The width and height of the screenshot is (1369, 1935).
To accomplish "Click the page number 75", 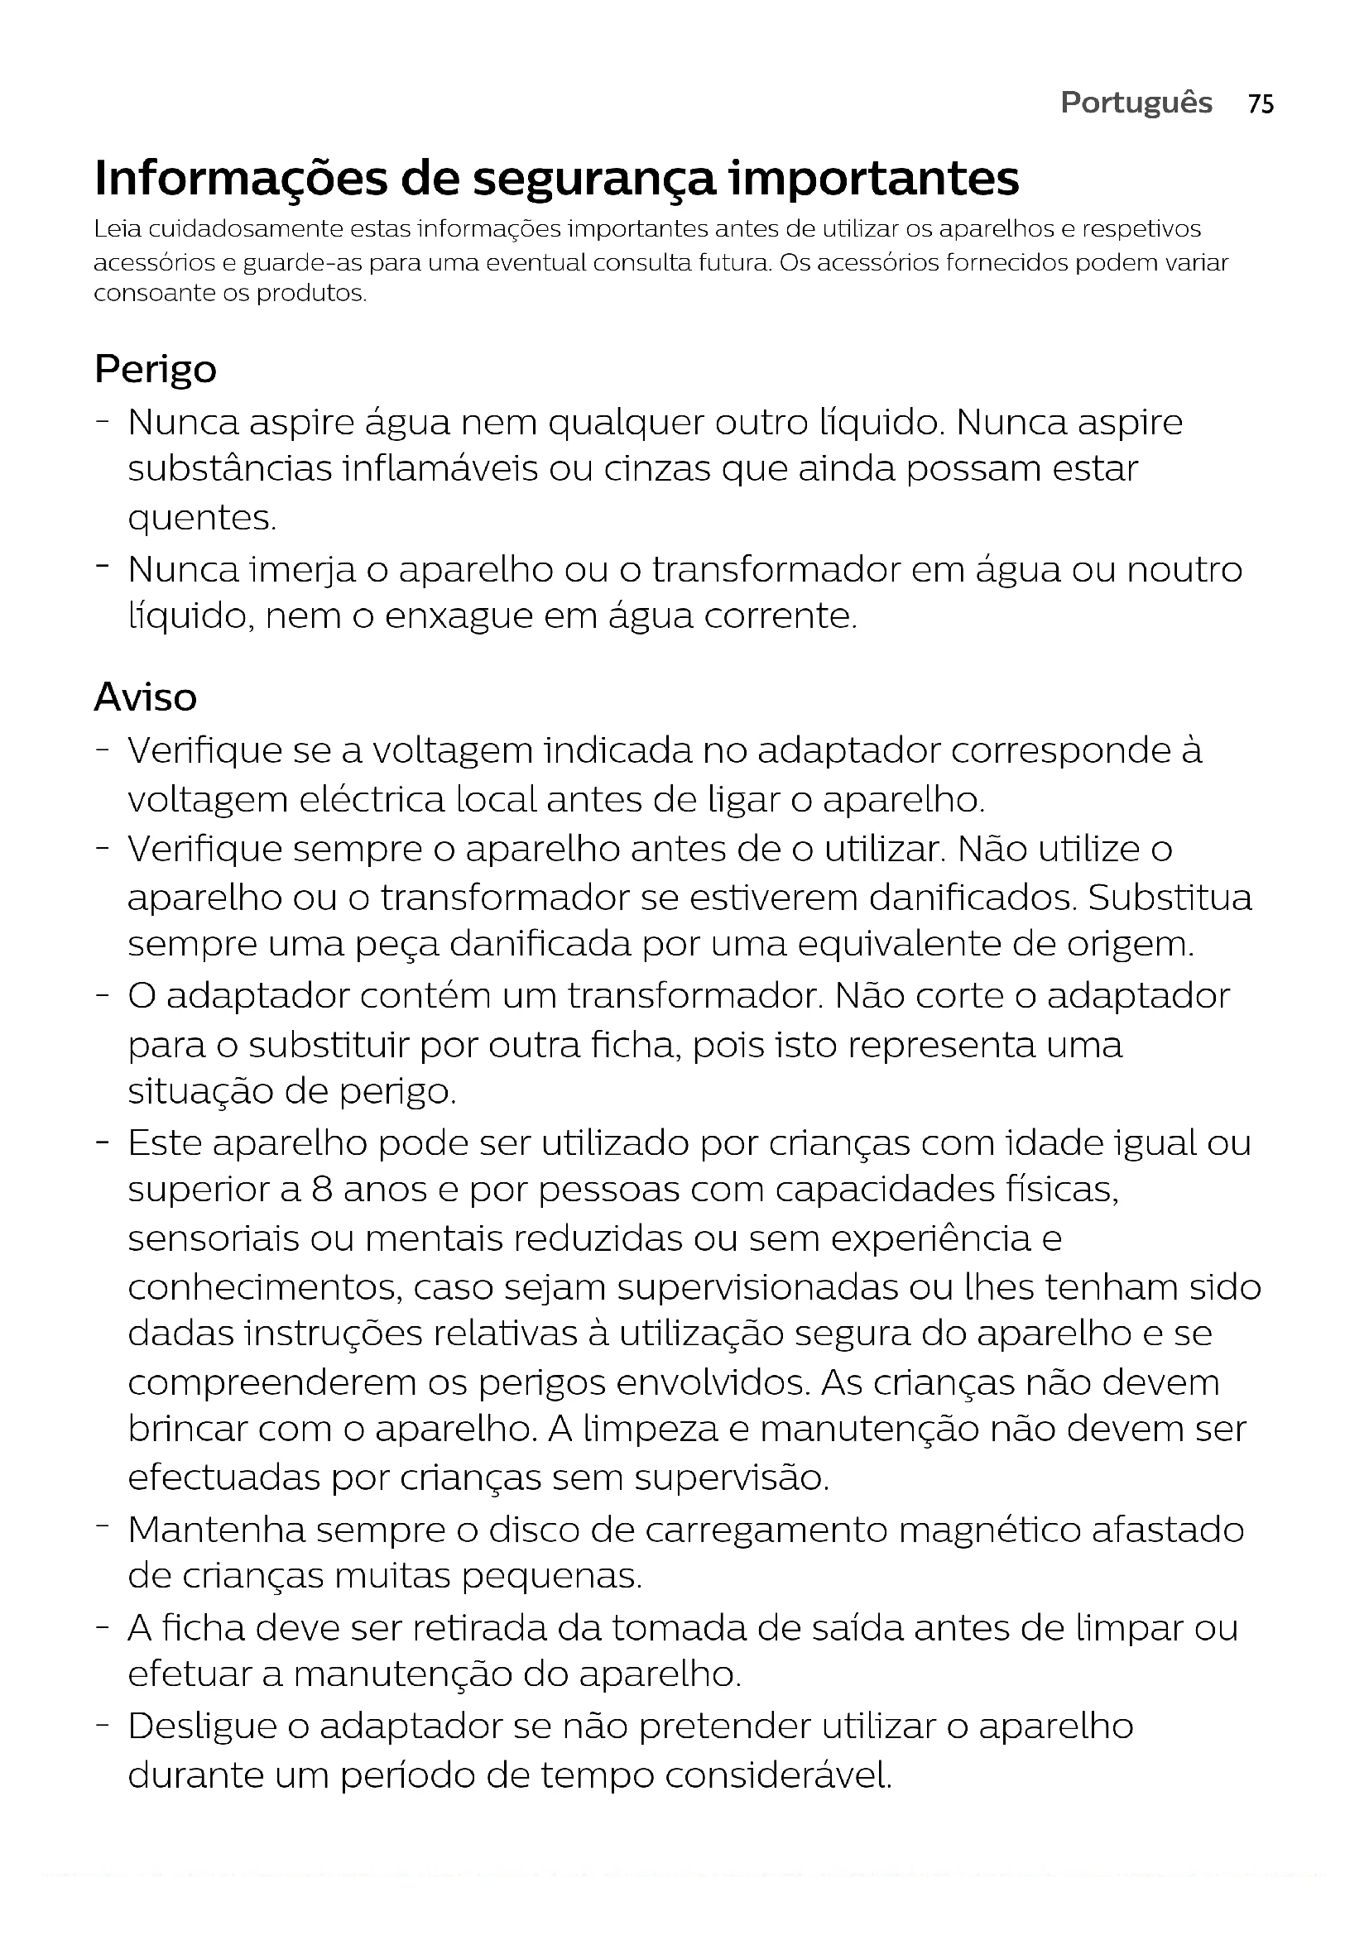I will [1261, 103].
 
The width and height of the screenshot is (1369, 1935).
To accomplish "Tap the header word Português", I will [1136, 103].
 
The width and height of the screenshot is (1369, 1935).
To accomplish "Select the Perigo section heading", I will [155, 370].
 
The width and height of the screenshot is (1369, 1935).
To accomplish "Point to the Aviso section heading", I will [145, 697].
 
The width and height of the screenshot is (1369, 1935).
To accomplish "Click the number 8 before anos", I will [321, 1190].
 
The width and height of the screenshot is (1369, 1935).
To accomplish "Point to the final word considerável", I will [777, 1775].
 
